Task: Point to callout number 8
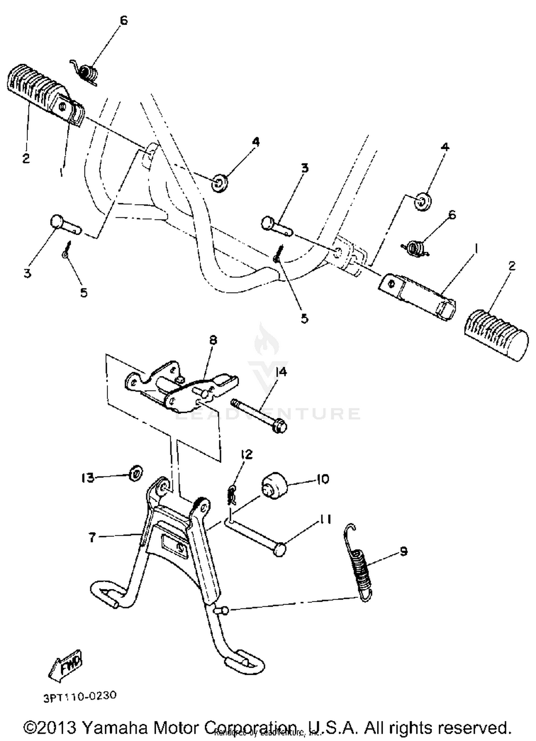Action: (x=213, y=340)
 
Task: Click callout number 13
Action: (x=87, y=478)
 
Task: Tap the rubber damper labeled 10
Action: (x=274, y=485)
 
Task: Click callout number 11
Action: (x=324, y=519)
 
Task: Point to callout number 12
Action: (x=246, y=454)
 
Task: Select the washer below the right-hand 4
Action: (x=422, y=202)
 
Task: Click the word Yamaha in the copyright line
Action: (x=116, y=727)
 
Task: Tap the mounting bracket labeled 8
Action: (x=179, y=386)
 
